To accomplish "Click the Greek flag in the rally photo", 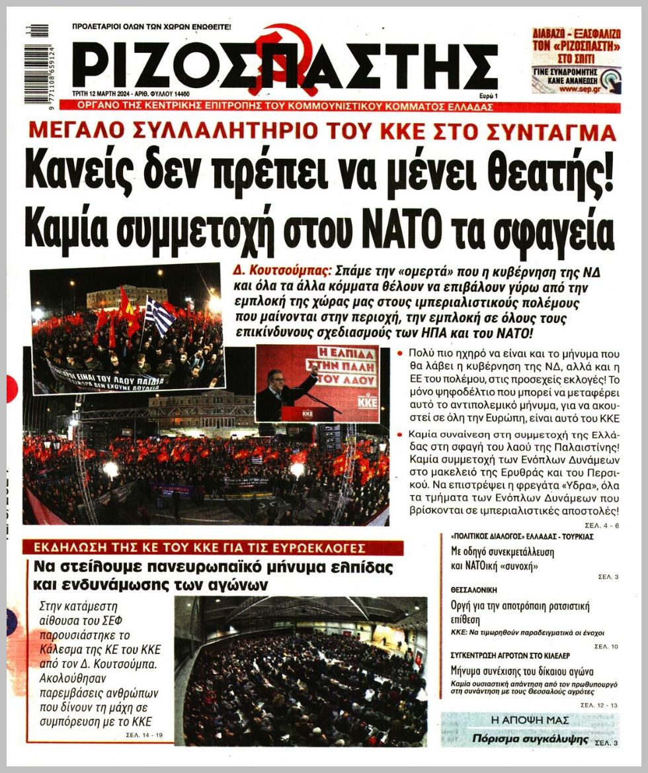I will (x=159, y=316).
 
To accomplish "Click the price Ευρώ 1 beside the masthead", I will (x=488, y=96).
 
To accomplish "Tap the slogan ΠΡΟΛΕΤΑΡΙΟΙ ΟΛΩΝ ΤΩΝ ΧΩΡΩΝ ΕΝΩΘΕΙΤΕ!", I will (x=152, y=28).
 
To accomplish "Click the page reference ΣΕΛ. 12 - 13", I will (x=598, y=705).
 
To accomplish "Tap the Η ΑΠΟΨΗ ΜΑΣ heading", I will (x=529, y=720).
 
